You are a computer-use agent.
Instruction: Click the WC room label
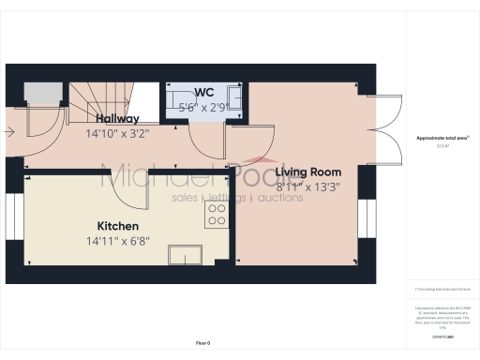204,93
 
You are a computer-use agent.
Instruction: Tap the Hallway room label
117,119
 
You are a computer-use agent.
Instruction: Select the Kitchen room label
118,226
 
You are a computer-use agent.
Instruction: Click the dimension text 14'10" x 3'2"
117,133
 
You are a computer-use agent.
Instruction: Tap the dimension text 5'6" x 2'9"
204,107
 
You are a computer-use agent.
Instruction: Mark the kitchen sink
184,254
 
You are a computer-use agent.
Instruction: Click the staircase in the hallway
98,96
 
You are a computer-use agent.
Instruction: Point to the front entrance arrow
9,132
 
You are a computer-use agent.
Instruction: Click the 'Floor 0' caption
204,343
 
